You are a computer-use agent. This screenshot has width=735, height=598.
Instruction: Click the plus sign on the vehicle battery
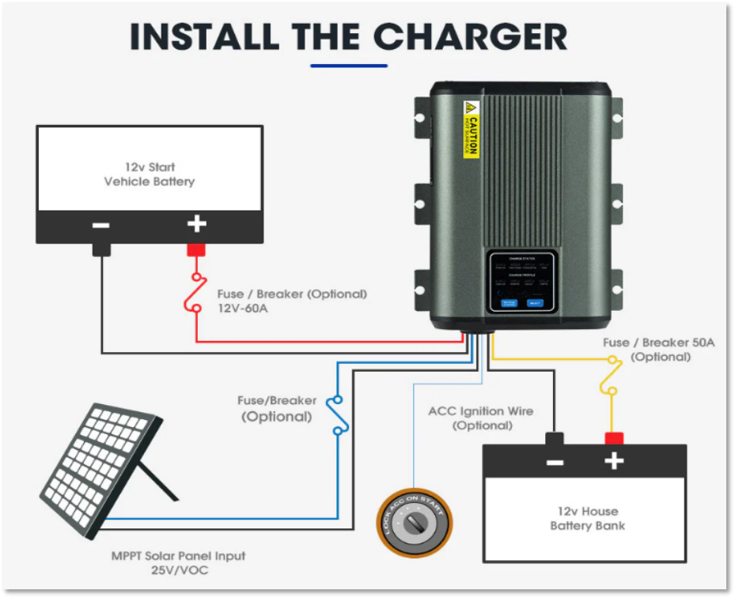point(196,225)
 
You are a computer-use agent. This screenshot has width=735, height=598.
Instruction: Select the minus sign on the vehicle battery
point(101,225)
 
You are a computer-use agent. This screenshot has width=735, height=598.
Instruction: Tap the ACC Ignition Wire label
point(481,418)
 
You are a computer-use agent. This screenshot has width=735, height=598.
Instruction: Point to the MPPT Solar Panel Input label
point(178,562)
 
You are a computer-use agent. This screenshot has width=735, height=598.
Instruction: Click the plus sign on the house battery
point(614,461)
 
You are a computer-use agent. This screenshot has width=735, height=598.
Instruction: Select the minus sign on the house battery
point(555,461)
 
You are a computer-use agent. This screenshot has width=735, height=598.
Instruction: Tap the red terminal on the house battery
point(614,437)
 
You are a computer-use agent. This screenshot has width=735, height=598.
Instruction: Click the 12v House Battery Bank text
point(587,518)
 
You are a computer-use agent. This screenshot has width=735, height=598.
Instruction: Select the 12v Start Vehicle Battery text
point(150,174)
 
